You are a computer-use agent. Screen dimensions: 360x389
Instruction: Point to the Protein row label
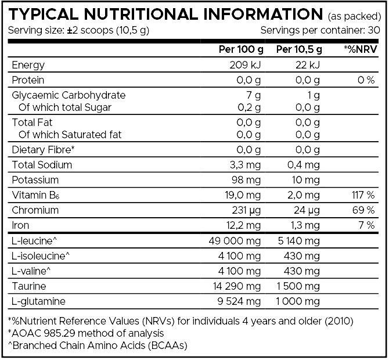pos(28,80)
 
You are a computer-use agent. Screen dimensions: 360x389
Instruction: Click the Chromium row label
pos(33,210)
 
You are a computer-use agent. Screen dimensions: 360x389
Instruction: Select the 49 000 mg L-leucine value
pos(232,240)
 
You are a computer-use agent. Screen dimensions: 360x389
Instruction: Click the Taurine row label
pos(29,286)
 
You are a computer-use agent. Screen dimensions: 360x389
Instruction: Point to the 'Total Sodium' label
pos(39,164)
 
